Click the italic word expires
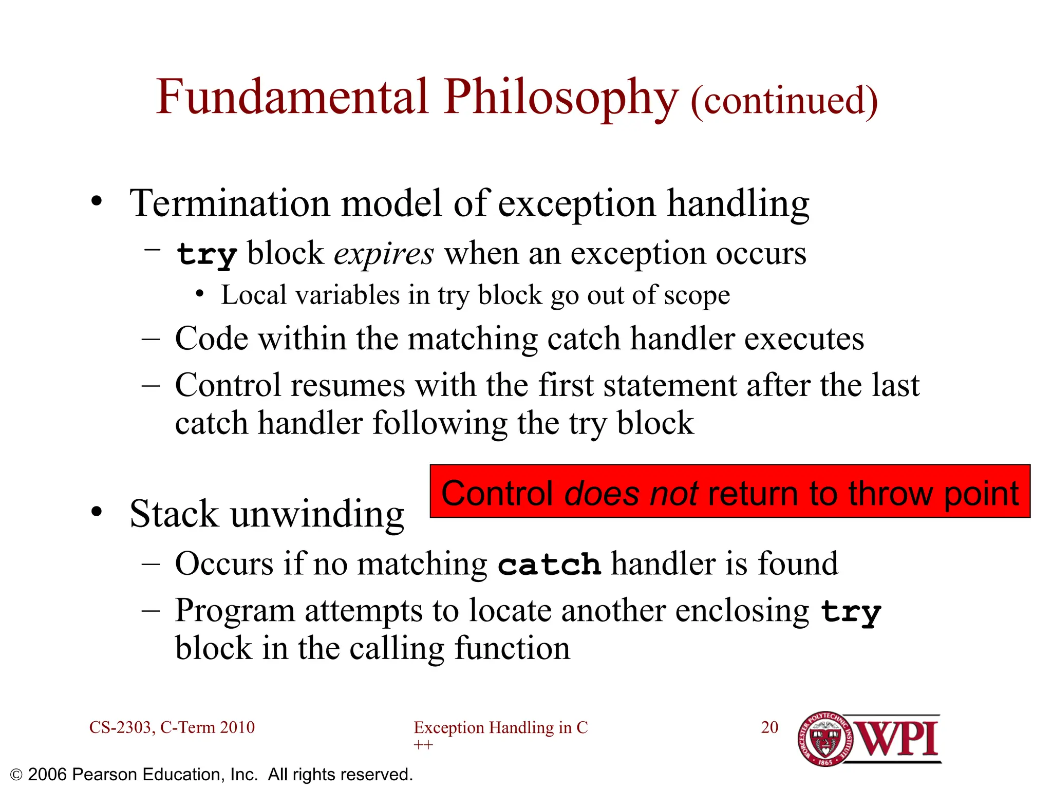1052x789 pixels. pyautogui.click(x=384, y=254)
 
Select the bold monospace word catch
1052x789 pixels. pyautogui.click(x=549, y=565)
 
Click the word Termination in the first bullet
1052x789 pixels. pyautogui.click(x=230, y=203)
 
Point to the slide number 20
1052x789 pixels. pyautogui.click(x=769, y=727)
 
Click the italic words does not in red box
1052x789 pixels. pyautogui.click(x=631, y=494)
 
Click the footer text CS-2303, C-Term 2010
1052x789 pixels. pyautogui.click(x=172, y=727)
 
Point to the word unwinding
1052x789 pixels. pyautogui.click(x=317, y=514)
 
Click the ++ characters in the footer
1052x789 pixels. pyautogui.click(x=423, y=745)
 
